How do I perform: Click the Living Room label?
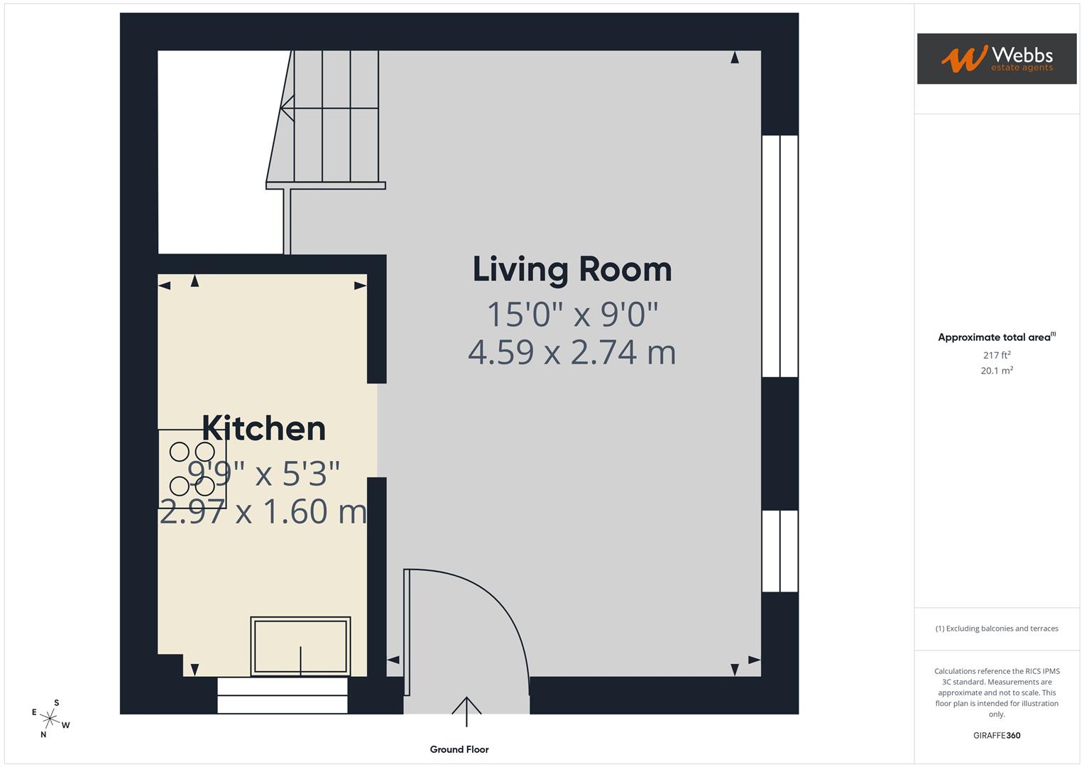pyautogui.click(x=572, y=270)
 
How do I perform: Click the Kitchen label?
pyautogui.click(x=263, y=428)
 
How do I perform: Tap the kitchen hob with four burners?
pyautogui.click(x=192, y=469)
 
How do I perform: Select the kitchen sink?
pyautogui.click(x=300, y=646)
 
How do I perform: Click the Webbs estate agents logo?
pyautogui.click(x=996, y=59)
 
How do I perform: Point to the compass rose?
pyautogui.click(x=50, y=718)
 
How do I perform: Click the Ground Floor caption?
pyautogui.click(x=459, y=749)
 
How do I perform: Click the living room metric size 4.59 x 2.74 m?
pyautogui.click(x=572, y=352)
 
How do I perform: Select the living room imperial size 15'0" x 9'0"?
pyautogui.click(x=572, y=314)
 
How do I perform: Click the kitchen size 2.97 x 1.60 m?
pyautogui.click(x=263, y=511)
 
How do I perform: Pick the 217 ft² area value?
pyautogui.click(x=996, y=355)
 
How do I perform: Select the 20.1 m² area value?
pyautogui.click(x=996, y=371)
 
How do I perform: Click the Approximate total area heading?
pyautogui.click(x=996, y=337)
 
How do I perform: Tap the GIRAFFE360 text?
pyautogui.click(x=996, y=735)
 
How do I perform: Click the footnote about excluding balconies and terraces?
pyautogui.click(x=996, y=629)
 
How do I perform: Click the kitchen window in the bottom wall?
pyautogui.click(x=283, y=695)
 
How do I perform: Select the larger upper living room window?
pyautogui.click(x=779, y=256)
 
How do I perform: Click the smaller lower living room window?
pyautogui.click(x=779, y=551)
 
